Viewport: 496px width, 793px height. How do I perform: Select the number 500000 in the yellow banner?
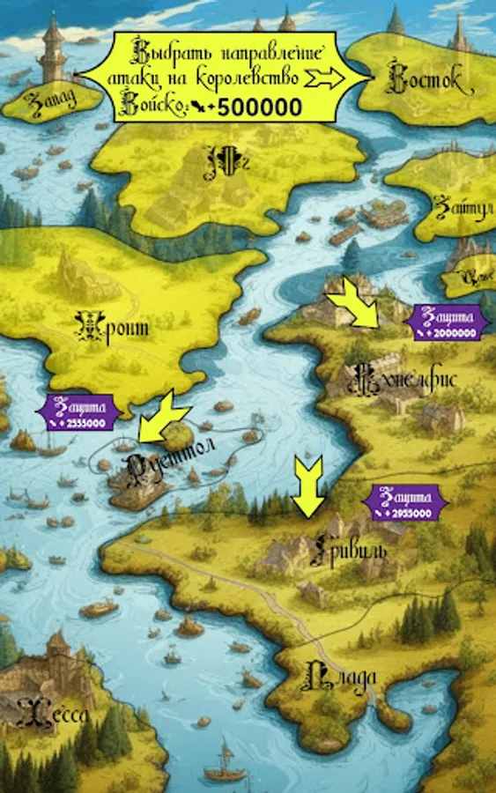point(260,107)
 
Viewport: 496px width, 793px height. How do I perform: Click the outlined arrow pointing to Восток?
point(329,78)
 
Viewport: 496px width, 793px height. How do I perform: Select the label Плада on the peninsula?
point(344,677)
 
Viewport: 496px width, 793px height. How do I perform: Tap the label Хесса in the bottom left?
point(53,713)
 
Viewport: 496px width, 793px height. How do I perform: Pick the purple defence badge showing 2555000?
point(77,412)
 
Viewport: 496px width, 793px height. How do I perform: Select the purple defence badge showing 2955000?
point(406,503)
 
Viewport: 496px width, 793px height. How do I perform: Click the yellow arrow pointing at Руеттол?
point(163,417)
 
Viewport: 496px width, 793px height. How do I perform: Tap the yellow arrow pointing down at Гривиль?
point(308,485)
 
